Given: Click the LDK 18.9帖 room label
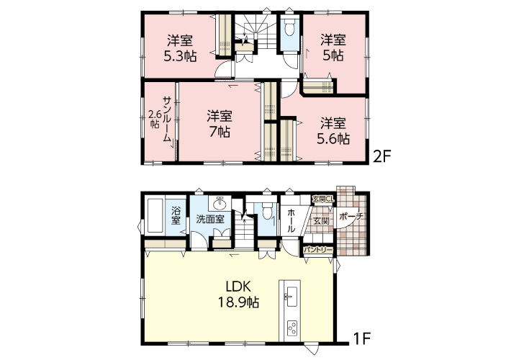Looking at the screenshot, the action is pos(238,294).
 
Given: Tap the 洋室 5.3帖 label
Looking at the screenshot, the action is pos(180,48).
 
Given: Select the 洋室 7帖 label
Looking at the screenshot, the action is pos(220,124).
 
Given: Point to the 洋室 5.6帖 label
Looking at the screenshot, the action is pos(333,131).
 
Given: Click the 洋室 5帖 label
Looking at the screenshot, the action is pos(333,48).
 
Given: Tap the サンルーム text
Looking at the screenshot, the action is pos(167,119).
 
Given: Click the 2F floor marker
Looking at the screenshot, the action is pos(381,156).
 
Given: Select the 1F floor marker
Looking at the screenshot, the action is pos(362,338).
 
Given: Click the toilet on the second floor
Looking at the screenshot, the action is pos(289,27).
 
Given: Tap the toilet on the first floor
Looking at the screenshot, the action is pos(267,210).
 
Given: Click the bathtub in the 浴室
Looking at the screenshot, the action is pos(155,216).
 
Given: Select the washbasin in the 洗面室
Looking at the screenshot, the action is pos(220,203).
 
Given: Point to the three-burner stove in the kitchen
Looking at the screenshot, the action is pos(291,328).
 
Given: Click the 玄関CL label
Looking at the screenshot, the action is pos(322,199).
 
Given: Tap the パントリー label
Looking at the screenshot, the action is pos(318,250).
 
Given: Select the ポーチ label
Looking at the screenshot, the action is pos(351,216).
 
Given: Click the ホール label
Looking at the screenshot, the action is pos(291,220).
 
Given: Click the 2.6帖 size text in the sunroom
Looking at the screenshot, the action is pos(155,119).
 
